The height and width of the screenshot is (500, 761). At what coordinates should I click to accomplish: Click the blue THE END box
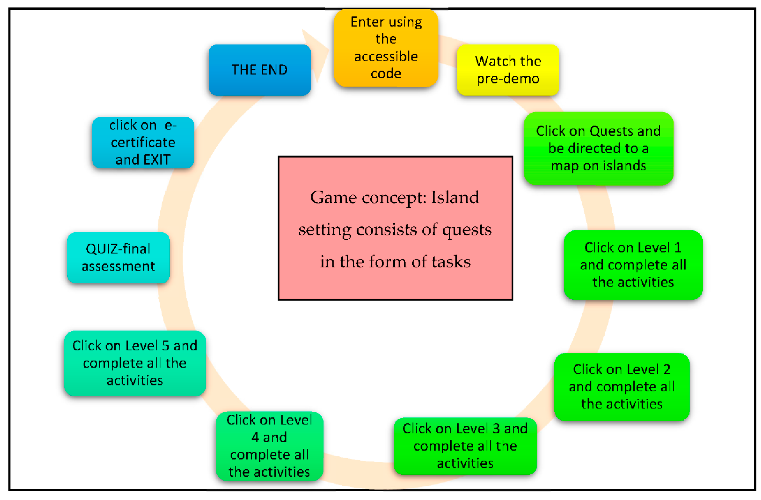(x=260, y=70)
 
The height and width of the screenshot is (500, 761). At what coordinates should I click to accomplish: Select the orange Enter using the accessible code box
(x=386, y=48)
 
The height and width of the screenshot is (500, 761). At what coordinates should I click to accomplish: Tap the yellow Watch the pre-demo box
(x=508, y=70)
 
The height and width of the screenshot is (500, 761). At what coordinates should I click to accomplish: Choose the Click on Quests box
(x=599, y=148)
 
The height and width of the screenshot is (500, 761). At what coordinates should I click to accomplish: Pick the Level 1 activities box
(x=633, y=265)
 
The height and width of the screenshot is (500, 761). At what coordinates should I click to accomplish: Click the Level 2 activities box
(x=622, y=387)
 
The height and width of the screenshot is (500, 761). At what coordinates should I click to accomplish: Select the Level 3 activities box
(x=465, y=446)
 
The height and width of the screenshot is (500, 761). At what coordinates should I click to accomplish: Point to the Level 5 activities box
(x=135, y=363)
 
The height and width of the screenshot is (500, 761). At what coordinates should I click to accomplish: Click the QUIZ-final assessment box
(x=118, y=258)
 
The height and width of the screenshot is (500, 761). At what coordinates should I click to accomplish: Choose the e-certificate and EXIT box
(x=143, y=143)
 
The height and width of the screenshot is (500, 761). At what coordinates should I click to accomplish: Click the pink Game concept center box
(x=395, y=228)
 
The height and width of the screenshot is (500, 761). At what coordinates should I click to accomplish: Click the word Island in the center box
(x=455, y=197)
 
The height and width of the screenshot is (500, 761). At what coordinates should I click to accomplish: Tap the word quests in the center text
(x=467, y=230)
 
